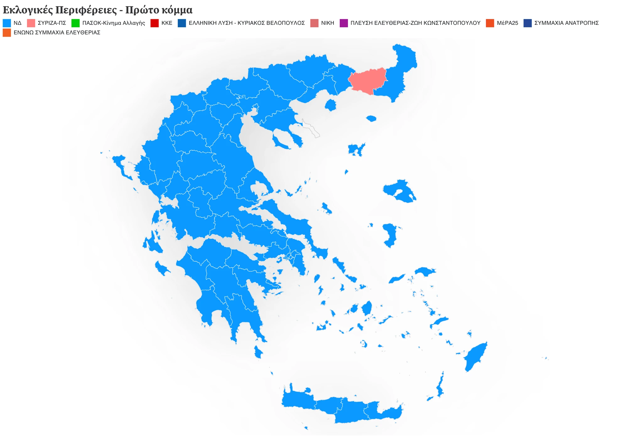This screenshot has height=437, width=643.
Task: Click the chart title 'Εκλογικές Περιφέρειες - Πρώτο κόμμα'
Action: (x=97, y=10)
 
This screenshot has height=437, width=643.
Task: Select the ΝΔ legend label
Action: (x=18, y=23)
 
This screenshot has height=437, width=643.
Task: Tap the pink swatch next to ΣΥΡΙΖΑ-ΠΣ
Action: (x=31, y=23)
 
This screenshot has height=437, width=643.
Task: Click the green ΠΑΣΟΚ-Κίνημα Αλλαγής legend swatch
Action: (x=75, y=23)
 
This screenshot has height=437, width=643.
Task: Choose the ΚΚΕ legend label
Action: (x=167, y=23)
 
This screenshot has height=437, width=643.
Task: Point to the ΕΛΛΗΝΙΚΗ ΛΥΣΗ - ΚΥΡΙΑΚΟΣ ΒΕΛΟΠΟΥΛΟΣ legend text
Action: (x=246, y=23)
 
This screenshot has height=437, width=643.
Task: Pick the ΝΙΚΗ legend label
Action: (x=327, y=23)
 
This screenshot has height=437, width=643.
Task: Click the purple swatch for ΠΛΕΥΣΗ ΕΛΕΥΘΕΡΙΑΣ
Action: (x=344, y=23)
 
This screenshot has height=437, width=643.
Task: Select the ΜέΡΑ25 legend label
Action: (x=507, y=23)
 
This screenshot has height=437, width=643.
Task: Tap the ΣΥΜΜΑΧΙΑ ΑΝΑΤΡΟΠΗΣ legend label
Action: (x=566, y=23)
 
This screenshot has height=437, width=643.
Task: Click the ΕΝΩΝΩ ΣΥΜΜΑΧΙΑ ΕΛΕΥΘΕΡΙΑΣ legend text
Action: (x=57, y=32)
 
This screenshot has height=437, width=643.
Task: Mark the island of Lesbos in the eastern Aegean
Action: (x=399, y=191)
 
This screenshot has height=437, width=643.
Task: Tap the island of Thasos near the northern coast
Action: (x=330, y=105)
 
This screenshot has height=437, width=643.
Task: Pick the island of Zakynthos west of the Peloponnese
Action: (x=162, y=269)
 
